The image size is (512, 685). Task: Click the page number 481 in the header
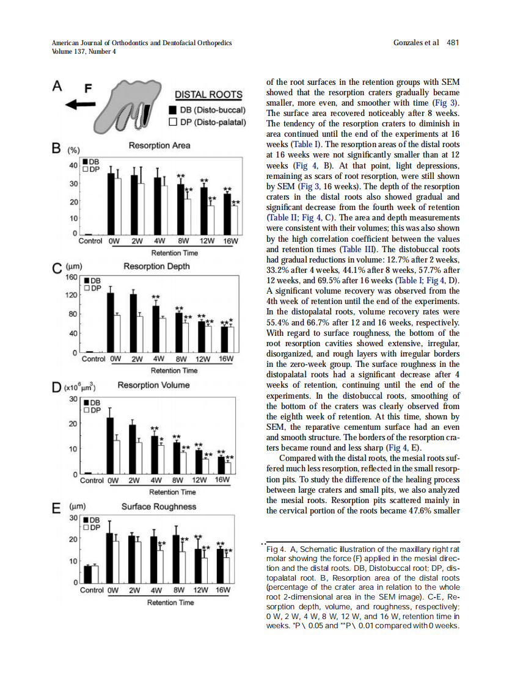[453, 43]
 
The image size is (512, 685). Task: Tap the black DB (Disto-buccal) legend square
[173, 111]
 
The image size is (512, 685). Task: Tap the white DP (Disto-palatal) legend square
[173, 122]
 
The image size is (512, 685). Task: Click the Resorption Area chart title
[159, 145]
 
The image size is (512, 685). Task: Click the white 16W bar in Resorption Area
[235, 220]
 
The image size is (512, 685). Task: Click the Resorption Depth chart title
[156, 266]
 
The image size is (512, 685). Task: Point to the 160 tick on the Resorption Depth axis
[71, 277]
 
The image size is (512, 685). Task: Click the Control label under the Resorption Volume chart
[92, 480]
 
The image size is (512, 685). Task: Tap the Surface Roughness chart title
[159, 506]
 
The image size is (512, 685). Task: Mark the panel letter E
[57, 507]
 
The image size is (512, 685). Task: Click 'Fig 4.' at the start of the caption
[277, 550]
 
